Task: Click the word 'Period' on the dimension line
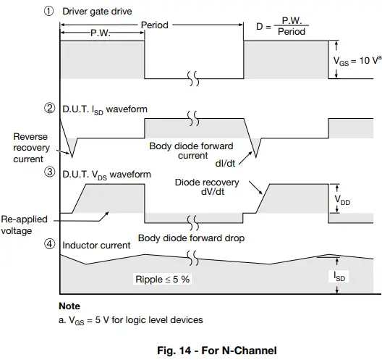[154, 25]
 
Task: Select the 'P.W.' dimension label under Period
[101, 33]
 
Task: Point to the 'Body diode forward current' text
[193, 151]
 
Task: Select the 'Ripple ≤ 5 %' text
[164, 279]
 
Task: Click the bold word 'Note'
[69, 306]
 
